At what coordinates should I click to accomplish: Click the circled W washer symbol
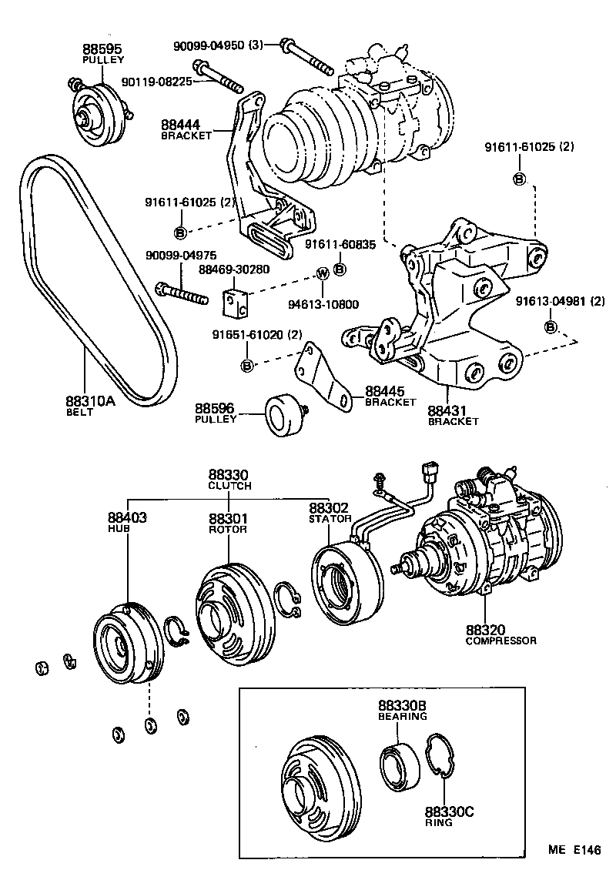click(323, 273)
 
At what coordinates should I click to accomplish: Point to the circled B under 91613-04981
click(551, 327)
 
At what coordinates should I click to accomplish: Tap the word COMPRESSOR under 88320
click(500, 641)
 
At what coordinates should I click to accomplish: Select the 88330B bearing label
click(402, 706)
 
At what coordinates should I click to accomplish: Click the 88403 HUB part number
click(128, 518)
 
